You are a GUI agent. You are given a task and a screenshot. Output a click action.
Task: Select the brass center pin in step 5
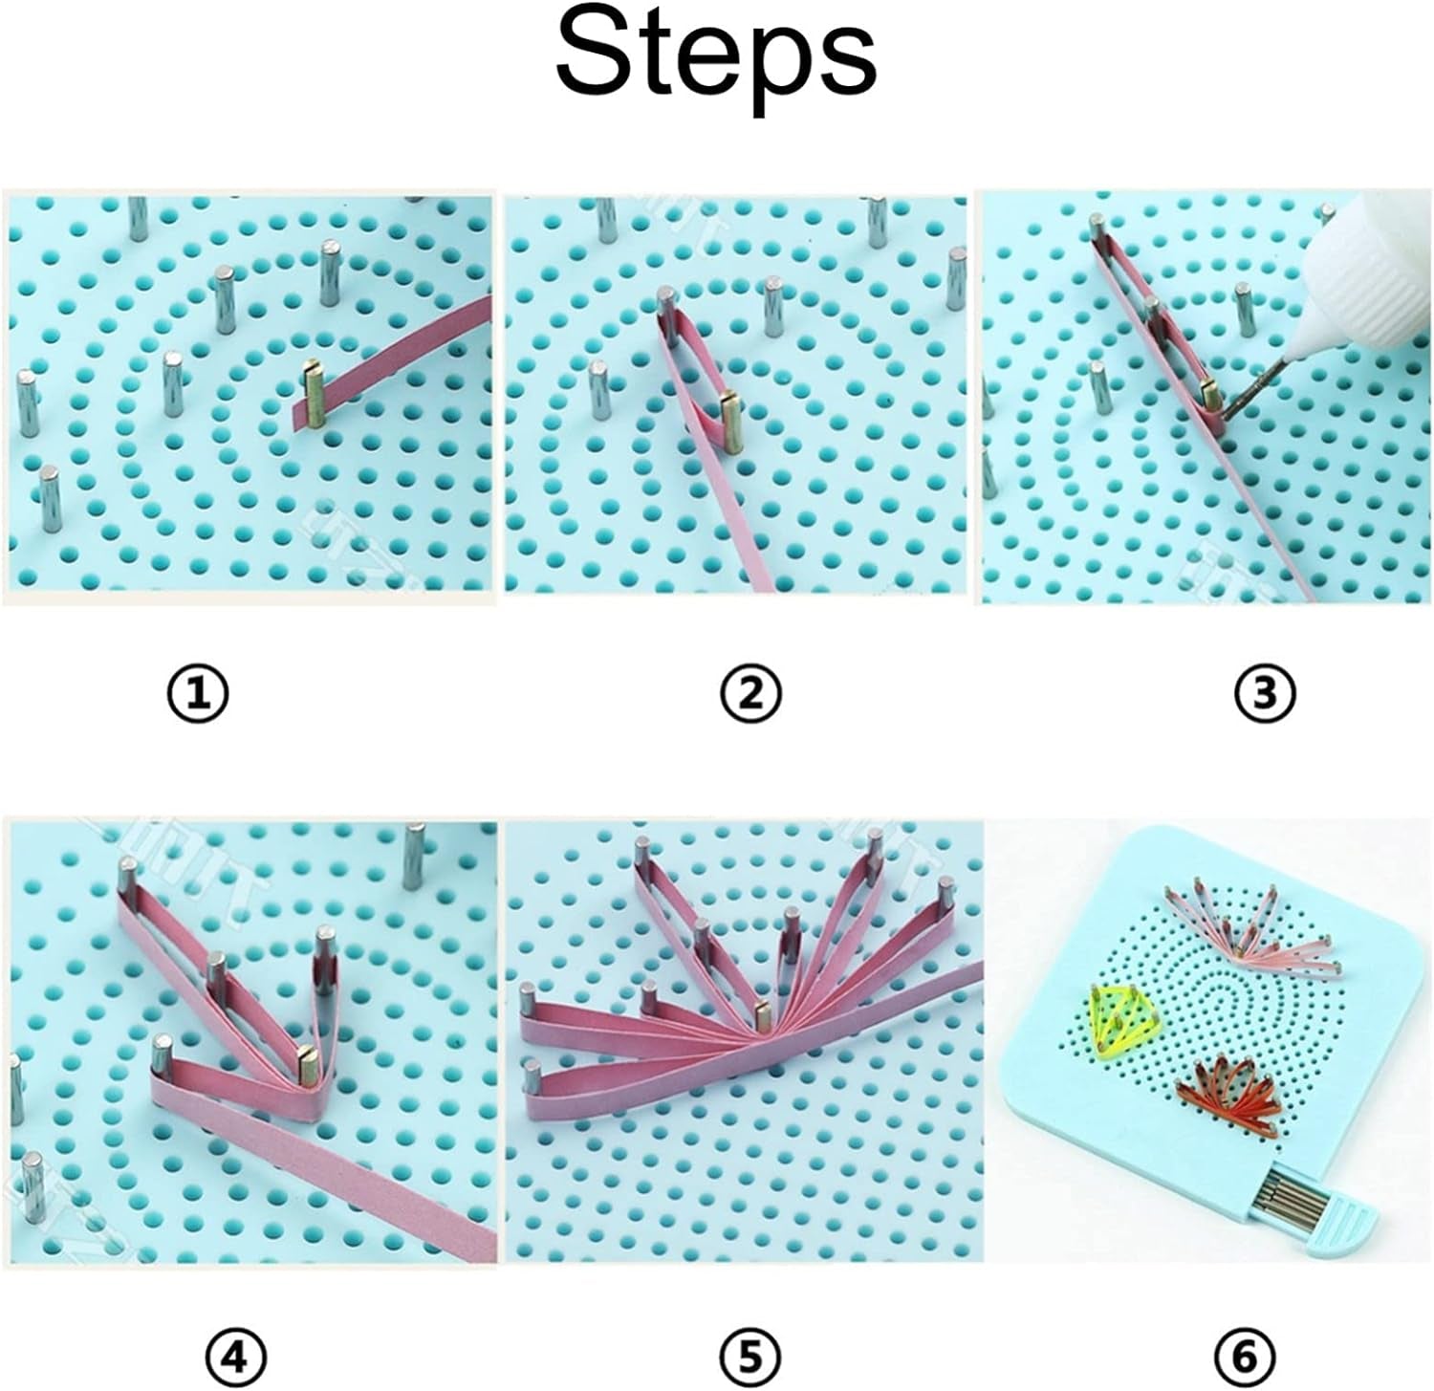762,1014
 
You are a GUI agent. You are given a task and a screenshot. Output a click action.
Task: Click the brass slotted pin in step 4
309,1063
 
